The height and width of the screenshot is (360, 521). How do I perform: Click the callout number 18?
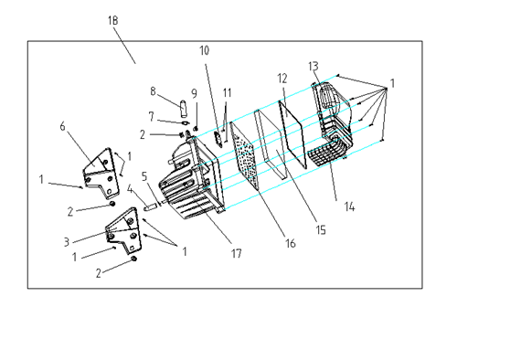[x=112, y=21]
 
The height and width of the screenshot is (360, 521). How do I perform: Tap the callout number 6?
[x=62, y=126]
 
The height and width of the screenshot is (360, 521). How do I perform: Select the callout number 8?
[x=153, y=91]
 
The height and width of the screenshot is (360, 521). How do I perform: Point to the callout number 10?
[x=205, y=50]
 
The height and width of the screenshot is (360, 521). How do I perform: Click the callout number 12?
[x=282, y=79]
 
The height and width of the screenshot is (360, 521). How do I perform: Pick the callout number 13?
[x=314, y=67]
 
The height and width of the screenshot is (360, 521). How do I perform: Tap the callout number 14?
[x=349, y=206]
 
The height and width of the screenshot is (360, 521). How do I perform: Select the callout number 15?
[x=321, y=230]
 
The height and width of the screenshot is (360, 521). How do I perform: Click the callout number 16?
[x=291, y=243]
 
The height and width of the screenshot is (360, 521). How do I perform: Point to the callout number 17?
[x=236, y=254]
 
